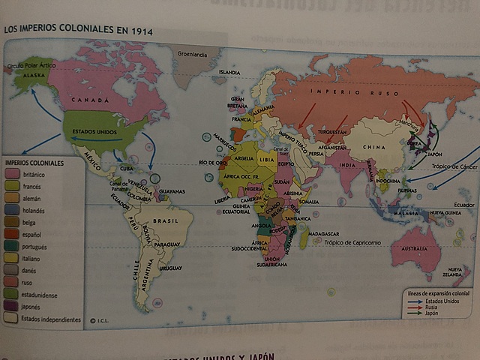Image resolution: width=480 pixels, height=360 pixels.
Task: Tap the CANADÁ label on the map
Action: (x=91, y=99)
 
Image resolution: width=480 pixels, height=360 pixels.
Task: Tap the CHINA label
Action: (x=373, y=148)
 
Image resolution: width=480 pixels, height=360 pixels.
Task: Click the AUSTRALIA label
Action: (x=414, y=248)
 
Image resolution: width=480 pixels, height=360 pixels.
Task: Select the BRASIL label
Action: (x=165, y=220)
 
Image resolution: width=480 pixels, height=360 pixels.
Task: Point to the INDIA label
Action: (x=346, y=166)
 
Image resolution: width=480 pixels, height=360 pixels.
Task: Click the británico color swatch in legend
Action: (x=12, y=173)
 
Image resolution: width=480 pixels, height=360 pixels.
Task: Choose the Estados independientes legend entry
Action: (x=51, y=319)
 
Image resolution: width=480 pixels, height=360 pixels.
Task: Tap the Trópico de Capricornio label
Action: (x=353, y=242)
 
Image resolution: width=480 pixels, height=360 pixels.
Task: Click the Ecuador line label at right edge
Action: (x=463, y=205)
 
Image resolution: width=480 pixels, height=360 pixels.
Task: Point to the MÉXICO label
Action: (x=93, y=160)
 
